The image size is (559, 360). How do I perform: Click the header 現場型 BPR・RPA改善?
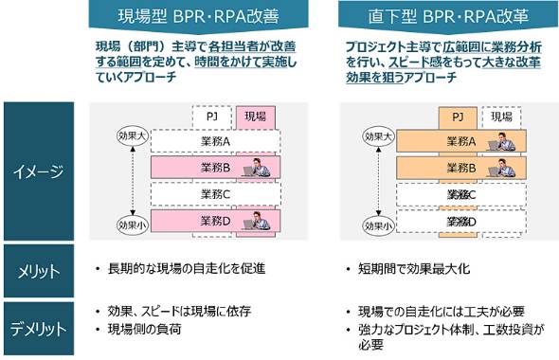pos(200,17)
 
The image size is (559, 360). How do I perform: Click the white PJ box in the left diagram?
pos(212,117)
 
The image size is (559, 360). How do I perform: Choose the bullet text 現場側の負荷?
pos(151,328)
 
